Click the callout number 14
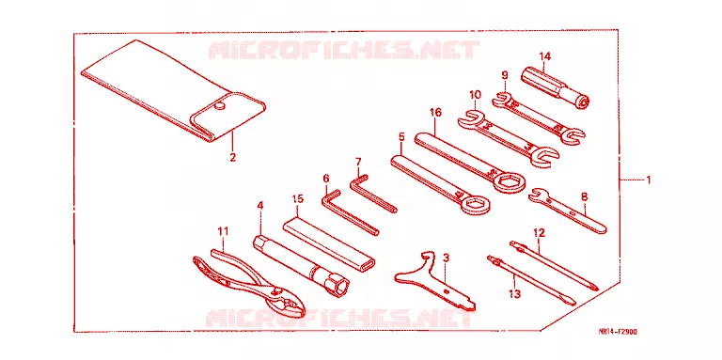(x=544, y=56)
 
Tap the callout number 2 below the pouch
(x=233, y=157)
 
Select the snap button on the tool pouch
(x=220, y=106)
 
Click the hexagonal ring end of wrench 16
(x=507, y=180)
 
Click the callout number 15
(x=297, y=199)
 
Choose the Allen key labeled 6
(x=349, y=211)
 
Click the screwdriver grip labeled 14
(x=557, y=87)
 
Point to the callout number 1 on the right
(x=648, y=180)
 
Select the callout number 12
(x=540, y=233)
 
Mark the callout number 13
(x=516, y=292)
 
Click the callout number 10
(x=475, y=94)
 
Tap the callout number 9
(x=505, y=73)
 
